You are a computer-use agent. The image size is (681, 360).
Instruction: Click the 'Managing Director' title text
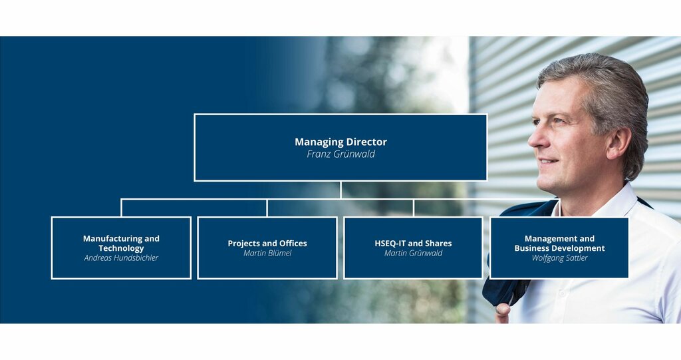pyautogui.click(x=340, y=142)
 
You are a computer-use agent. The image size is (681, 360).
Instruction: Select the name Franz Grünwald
pyautogui.click(x=340, y=154)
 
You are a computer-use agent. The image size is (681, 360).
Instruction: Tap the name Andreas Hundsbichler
pyautogui.click(x=121, y=258)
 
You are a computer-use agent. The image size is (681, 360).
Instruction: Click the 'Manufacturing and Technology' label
pyautogui.click(x=121, y=243)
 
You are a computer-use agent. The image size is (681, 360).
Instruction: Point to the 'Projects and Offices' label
pyautogui.click(x=267, y=244)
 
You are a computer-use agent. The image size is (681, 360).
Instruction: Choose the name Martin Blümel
pyautogui.click(x=267, y=253)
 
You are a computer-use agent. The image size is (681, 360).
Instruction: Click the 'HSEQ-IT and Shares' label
pyautogui.click(x=413, y=244)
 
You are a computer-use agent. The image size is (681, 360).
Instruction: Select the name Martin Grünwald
pyautogui.click(x=413, y=253)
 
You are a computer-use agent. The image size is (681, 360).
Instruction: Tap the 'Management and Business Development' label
pyautogui.click(x=559, y=243)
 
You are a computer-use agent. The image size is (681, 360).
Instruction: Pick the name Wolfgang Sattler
pyautogui.click(x=559, y=258)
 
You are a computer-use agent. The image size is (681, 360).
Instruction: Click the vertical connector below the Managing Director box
pyautogui.click(x=341, y=190)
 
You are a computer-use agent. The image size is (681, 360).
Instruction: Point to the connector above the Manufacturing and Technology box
pyautogui.click(x=121, y=208)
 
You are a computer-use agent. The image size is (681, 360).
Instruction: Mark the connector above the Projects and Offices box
pyautogui.click(x=267, y=208)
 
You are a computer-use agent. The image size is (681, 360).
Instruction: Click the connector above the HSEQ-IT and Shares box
pyautogui.click(x=414, y=208)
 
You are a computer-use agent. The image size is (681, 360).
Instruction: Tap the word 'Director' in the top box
pyautogui.click(x=366, y=142)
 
